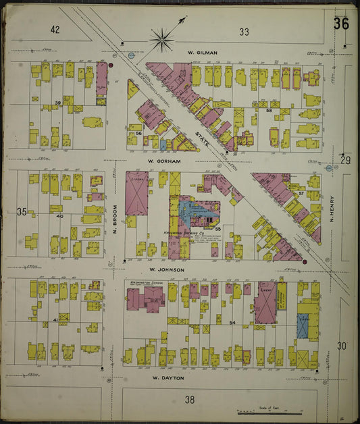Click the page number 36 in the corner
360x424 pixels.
tap(340, 24)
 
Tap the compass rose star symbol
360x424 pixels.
tap(162, 39)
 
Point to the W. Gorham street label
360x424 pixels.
tap(161, 162)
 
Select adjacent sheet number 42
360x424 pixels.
tap(55, 29)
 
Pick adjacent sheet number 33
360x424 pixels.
tap(243, 31)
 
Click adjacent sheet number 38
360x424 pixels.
tap(190, 399)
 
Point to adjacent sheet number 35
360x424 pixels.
tap(22, 212)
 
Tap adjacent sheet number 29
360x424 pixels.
tap(345, 160)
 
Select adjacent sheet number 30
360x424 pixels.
tap(343, 346)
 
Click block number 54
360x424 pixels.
tap(232, 323)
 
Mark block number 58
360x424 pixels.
tap(268, 109)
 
